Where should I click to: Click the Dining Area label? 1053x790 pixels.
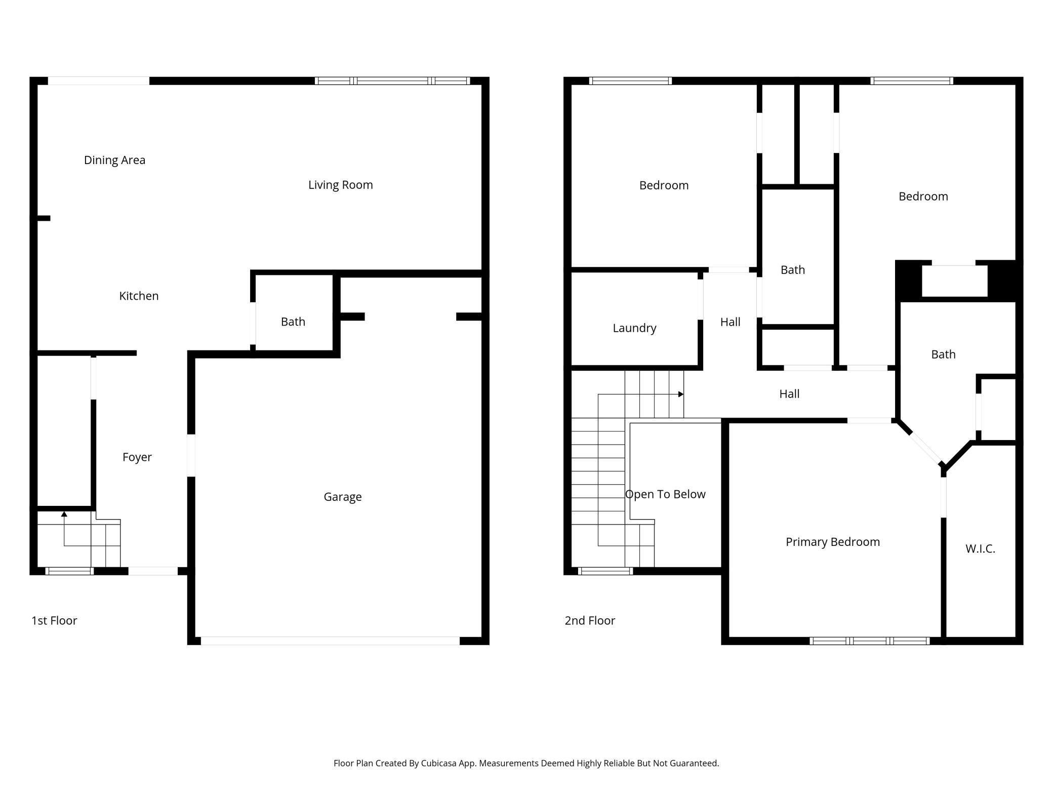pyautogui.click(x=114, y=160)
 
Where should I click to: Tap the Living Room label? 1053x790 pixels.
pyautogui.click(x=340, y=185)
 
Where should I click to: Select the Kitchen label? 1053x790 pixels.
pyautogui.click(x=139, y=296)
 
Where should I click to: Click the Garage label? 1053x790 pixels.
pyautogui.click(x=343, y=497)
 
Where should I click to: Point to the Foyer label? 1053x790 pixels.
pyautogui.click(x=137, y=457)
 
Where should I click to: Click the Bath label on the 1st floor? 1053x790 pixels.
pyautogui.click(x=293, y=322)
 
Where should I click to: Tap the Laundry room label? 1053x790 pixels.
pyautogui.click(x=634, y=328)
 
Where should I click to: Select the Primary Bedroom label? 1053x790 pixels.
pyautogui.click(x=832, y=542)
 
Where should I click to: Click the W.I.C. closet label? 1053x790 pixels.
pyautogui.click(x=980, y=548)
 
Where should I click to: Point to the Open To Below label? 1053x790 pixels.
pyautogui.click(x=665, y=494)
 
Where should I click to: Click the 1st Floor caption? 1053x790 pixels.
pyautogui.click(x=54, y=620)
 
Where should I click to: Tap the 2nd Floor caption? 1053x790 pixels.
pyautogui.click(x=590, y=620)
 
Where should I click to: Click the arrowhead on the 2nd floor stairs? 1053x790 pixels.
pyautogui.click(x=681, y=394)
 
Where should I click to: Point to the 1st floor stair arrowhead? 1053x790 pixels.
pyautogui.click(x=64, y=515)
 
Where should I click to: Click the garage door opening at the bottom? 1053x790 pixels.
pyautogui.click(x=330, y=641)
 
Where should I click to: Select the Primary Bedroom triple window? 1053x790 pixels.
pyautogui.click(x=869, y=641)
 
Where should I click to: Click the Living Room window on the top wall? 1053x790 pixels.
pyautogui.click(x=392, y=81)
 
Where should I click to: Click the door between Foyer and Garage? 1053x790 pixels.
pyautogui.click(x=191, y=455)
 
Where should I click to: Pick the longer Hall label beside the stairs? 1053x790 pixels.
pyautogui.click(x=789, y=394)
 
